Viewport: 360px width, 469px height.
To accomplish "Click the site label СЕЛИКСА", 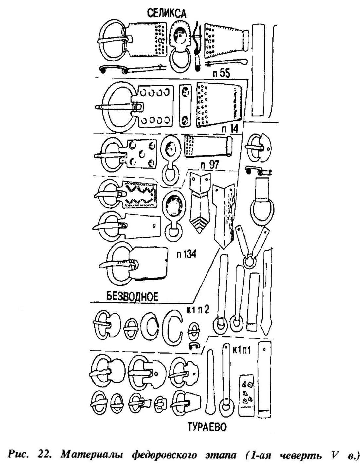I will [166, 13].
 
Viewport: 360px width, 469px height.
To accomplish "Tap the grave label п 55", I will [221, 74].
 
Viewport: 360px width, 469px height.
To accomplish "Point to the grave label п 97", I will [209, 165].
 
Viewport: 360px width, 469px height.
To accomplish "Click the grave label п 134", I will [187, 253].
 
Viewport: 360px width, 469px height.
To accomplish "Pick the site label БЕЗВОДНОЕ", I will [132, 297].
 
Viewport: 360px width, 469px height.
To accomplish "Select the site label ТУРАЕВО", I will [207, 427].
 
